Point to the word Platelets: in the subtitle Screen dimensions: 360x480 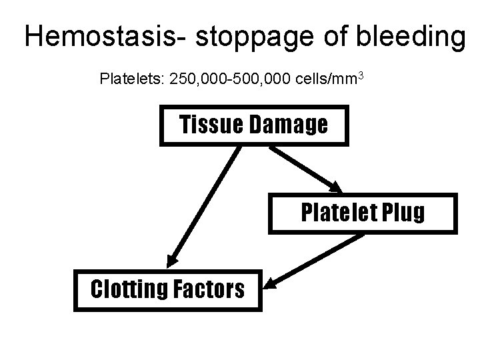[131, 80]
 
